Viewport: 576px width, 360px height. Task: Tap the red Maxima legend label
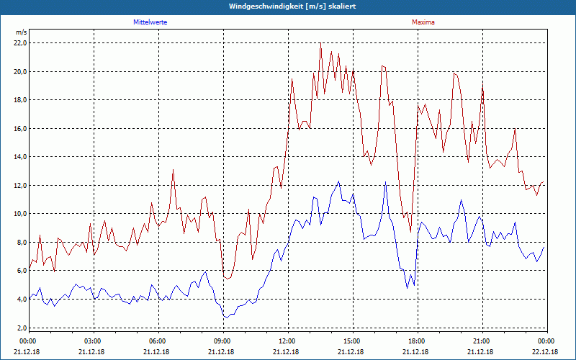coord(423,22)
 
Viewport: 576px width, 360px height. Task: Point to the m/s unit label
coord(21,32)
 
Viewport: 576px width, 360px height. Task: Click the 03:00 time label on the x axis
coord(94,341)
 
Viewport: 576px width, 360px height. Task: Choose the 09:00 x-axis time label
coord(223,341)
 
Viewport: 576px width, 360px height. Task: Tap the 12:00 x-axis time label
coord(287,341)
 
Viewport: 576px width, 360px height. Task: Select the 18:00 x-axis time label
coord(417,341)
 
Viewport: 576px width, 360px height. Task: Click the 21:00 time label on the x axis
coord(482,341)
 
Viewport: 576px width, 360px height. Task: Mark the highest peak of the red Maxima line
coord(320,44)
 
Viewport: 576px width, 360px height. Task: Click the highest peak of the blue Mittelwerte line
coord(339,181)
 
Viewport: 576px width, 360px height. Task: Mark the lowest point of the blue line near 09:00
coord(226,318)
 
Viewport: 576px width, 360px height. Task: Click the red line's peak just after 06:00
coord(173,169)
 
